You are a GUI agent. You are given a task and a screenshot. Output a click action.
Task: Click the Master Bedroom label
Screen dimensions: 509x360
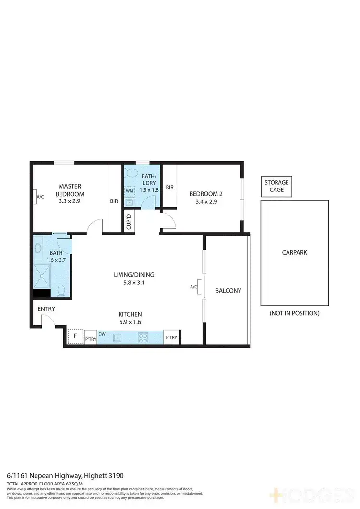point(70,190)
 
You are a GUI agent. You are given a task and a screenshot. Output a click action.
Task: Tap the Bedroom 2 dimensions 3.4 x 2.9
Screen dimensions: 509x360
point(206,202)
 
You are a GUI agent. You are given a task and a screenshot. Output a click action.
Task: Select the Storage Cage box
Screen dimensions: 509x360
point(276,186)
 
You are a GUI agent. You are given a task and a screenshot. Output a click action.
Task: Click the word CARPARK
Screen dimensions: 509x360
point(294,252)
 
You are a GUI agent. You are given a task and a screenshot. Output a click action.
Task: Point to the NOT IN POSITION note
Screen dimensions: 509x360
point(294,313)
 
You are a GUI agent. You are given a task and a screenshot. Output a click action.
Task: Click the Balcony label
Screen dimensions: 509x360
point(228,291)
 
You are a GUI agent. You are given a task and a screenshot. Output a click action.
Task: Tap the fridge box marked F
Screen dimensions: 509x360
point(75,337)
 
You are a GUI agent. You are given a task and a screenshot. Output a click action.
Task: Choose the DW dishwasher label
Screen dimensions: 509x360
point(102,334)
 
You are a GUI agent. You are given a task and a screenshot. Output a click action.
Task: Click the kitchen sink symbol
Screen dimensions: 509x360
point(117,337)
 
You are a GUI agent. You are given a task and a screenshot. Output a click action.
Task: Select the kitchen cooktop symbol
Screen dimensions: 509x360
point(143,337)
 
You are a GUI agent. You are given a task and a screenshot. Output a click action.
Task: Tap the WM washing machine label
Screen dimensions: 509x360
point(129,191)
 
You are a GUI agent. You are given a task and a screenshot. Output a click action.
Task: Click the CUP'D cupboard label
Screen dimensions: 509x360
point(129,223)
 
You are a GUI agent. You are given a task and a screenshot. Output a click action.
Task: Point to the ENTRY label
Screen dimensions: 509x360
point(47,309)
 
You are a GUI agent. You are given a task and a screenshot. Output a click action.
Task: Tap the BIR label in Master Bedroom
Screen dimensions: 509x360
point(114,201)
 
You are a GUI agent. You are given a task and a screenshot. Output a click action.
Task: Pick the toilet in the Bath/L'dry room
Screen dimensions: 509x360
point(133,173)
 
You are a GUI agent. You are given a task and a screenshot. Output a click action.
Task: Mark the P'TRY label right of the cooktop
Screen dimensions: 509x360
point(171,338)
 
